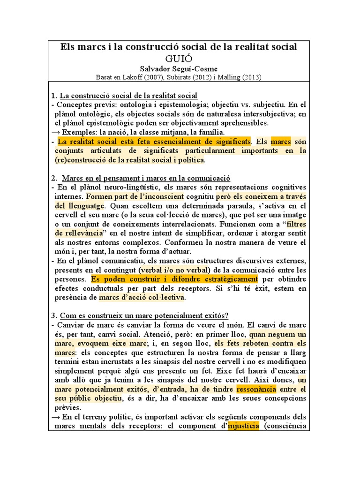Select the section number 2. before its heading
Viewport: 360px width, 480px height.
tap(54, 178)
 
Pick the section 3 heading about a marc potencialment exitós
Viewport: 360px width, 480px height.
tap(149, 314)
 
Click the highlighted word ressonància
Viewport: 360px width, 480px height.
tap(256, 389)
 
